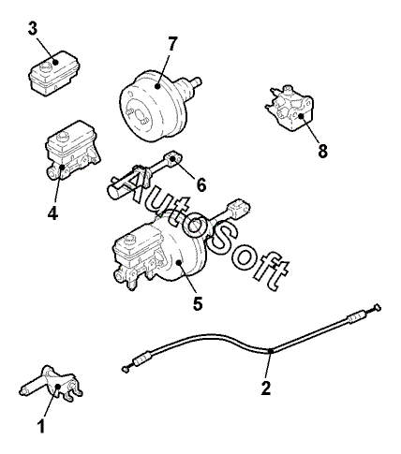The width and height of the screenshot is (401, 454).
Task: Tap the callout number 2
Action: coord(266,388)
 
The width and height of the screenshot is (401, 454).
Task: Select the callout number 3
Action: coord(33,29)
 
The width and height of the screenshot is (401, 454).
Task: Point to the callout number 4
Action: coord(52,213)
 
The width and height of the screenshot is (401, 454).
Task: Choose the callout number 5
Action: coord(198,303)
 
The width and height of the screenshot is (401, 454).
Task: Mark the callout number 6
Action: coord(201,184)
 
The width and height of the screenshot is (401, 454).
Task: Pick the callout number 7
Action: coord(172,44)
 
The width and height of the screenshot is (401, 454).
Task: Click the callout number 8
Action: coord(322,151)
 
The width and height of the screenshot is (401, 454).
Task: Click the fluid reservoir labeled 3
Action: coord(54,73)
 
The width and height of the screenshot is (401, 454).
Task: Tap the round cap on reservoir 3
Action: coord(46,66)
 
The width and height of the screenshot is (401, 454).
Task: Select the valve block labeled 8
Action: coord(289,109)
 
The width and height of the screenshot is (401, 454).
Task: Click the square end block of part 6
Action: coord(174,157)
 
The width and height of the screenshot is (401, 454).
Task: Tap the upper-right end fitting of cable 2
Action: coord(378,308)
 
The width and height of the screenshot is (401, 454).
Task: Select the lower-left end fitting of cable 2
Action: coord(125,369)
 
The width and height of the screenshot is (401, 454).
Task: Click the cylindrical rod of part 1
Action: coord(32,386)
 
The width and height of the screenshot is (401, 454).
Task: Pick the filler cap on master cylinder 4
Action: coord(62,136)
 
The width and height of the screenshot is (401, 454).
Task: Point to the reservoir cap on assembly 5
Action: coord(129,240)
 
